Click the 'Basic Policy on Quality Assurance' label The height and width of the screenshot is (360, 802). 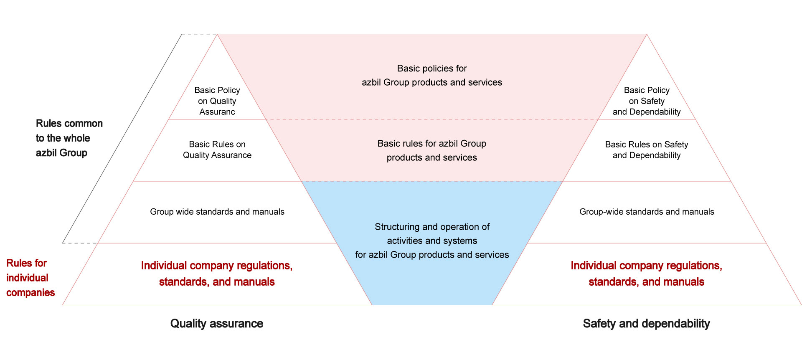point(217,101)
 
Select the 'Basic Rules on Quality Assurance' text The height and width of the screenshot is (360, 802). point(217,150)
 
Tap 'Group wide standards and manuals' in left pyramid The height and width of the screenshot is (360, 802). point(217,212)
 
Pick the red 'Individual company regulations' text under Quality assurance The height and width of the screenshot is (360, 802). point(217,274)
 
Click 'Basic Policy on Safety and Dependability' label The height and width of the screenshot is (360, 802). point(647,101)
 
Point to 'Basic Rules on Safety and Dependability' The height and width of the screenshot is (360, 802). point(647,150)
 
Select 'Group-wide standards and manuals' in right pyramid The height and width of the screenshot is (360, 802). point(647,212)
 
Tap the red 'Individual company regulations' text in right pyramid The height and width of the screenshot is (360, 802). point(646,274)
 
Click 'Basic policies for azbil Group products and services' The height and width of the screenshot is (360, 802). point(432,75)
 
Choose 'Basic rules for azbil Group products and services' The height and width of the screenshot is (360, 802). point(432,150)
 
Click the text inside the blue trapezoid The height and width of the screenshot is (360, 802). point(432,241)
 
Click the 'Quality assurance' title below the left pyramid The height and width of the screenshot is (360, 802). point(217,324)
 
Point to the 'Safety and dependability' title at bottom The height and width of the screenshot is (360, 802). point(646,324)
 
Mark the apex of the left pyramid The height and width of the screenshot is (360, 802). point(217,35)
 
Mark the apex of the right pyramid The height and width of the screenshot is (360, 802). point(647,35)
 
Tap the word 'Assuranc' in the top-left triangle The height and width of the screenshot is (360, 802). point(217,112)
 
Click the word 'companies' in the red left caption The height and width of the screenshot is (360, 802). point(30,292)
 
